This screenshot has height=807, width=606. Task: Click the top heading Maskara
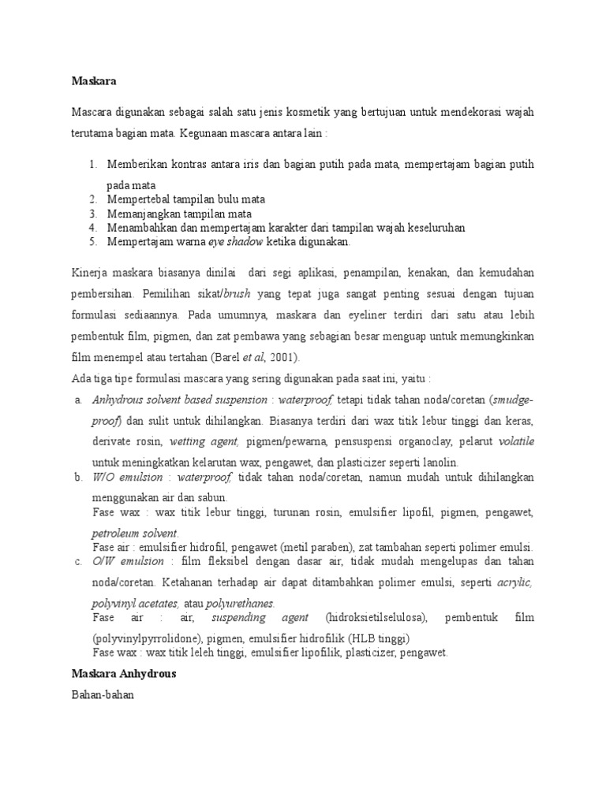(x=94, y=80)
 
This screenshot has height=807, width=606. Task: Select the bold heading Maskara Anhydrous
(x=124, y=674)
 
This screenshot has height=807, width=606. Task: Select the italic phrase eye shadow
(x=236, y=241)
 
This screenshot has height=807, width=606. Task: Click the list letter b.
(x=78, y=478)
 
